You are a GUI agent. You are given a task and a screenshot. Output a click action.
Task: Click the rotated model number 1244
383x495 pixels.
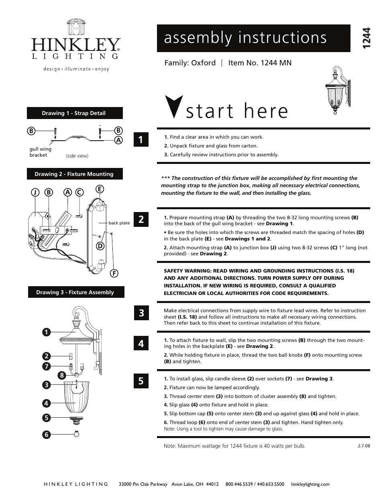tap(366, 39)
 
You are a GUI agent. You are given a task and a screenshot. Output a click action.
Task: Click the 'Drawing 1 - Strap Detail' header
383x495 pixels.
tap(75, 113)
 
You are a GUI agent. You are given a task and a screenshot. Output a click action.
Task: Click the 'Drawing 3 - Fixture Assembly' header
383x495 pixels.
tap(75, 292)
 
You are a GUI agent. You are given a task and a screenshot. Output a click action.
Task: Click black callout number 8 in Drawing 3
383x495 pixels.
tap(61, 376)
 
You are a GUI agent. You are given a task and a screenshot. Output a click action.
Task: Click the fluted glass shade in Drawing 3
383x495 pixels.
tap(76, 397)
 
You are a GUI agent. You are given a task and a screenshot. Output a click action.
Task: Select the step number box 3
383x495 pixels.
tap(141, 313)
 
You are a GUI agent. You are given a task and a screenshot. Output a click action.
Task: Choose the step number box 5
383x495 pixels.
tap(141, 381)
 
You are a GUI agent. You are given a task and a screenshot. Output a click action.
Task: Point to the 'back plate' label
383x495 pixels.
tap(119, 223)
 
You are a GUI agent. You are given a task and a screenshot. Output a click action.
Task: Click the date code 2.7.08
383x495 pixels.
tap(363, 445)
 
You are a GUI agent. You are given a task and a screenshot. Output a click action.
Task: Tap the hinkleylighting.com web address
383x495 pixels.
tap(309, 484)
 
